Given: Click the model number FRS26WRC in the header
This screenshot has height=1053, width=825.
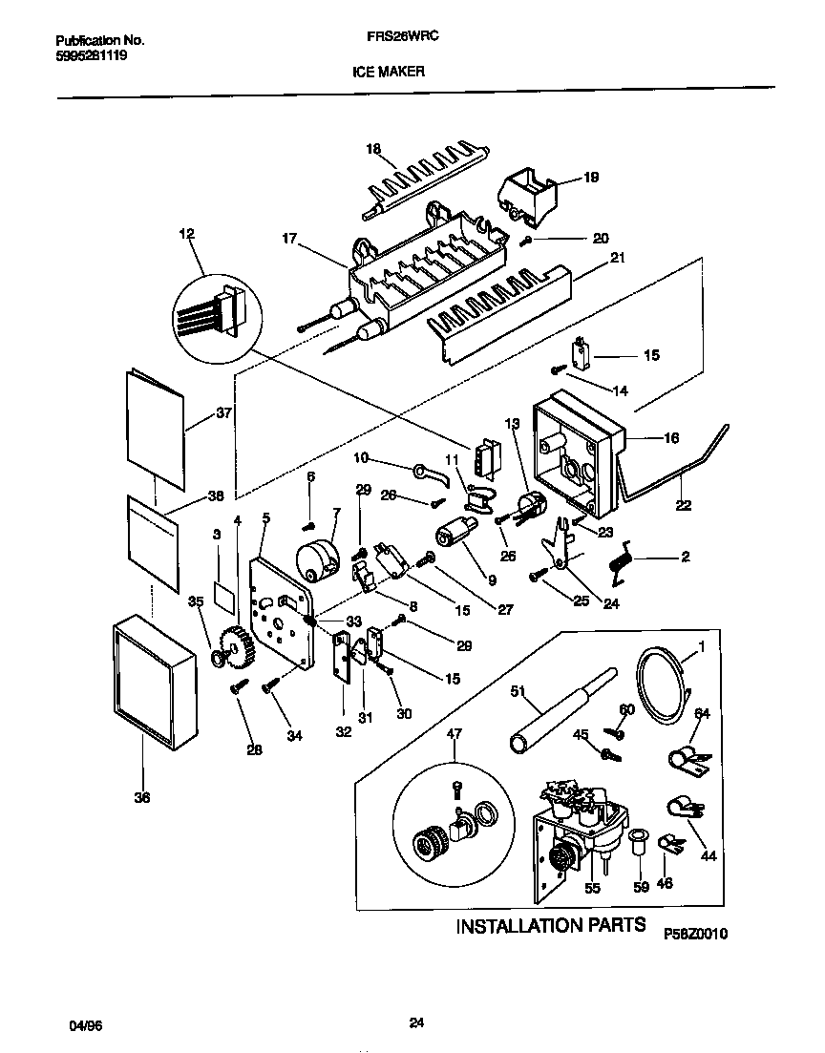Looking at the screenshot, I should click(x=394, y=41).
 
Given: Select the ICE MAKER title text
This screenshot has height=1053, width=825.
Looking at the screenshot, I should click(x=391, y=71).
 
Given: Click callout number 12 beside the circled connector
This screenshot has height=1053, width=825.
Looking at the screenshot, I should click(x=185, y=234).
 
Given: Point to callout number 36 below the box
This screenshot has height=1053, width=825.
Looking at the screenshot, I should click(x=141, y=798).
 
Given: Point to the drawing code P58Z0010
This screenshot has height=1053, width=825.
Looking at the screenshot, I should click(x=695, y=934).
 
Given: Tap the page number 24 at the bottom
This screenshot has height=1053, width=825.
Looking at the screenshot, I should click(x=415, y=1023).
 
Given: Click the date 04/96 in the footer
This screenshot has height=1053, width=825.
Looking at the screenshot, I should click(x=85, y=1024).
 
